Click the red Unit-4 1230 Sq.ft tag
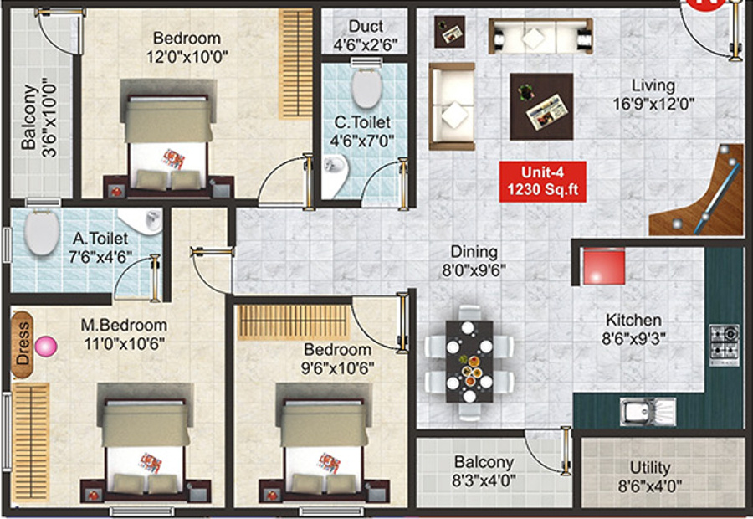click(541, 181)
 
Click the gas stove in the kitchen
click(725, 343)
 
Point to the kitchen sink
click(646, 411)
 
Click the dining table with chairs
click(469, 361)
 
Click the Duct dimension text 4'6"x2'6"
click(366, 44)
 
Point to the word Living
click(653, 85)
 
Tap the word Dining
click(474, 252)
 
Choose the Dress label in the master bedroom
click(23, 344)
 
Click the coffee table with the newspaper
click(541, 105)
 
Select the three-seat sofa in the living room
click(540, 36)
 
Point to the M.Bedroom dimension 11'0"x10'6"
click(124, 343)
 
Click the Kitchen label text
click(633, 320)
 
